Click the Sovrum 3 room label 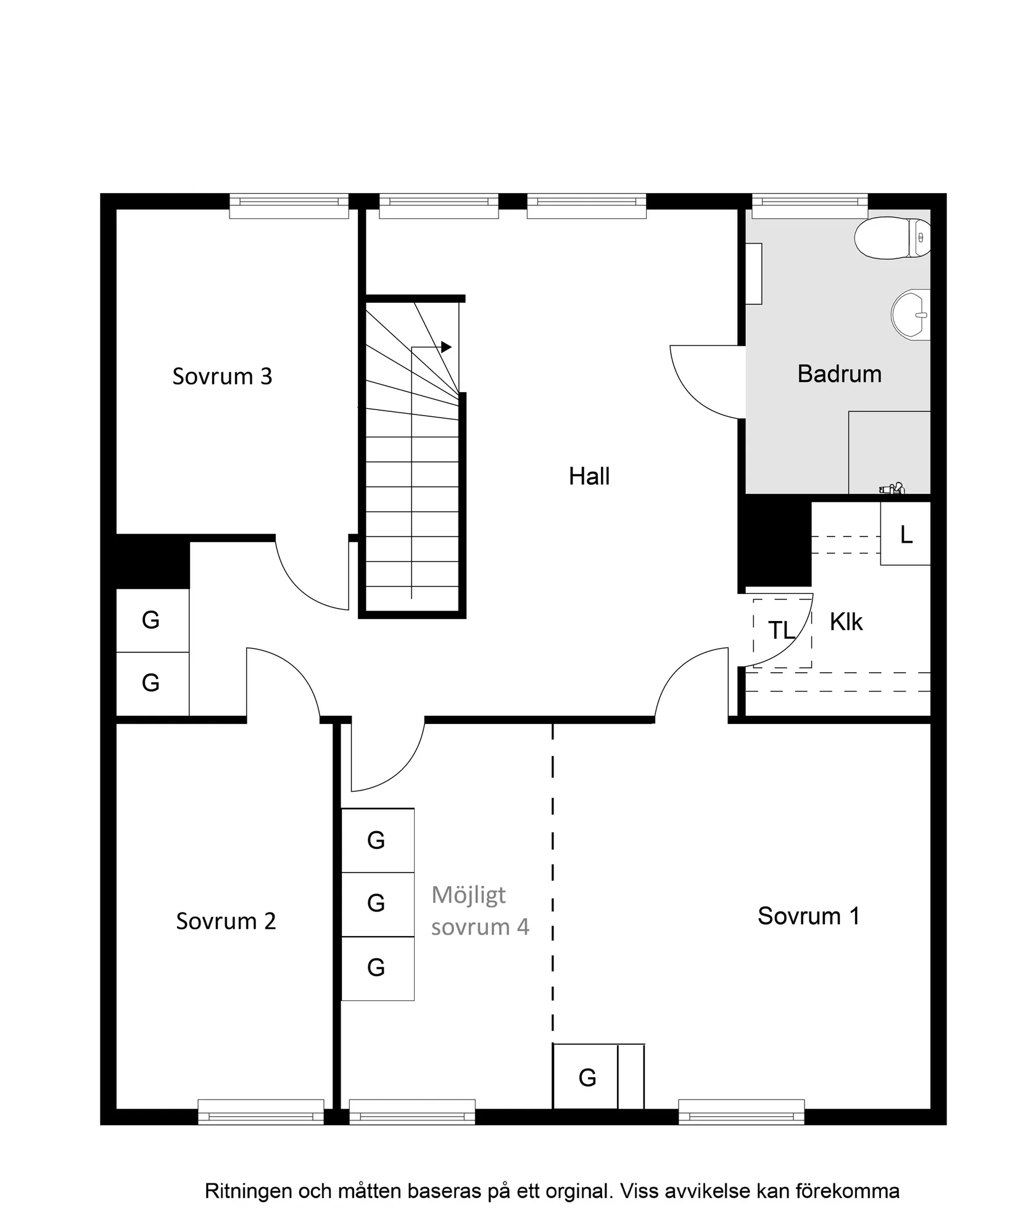click(222, 376)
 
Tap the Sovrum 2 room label click(226, 921)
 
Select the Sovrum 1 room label click(808, 916)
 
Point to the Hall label click(589, 477)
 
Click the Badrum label click(839, 374)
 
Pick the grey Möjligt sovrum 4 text click(480, 911)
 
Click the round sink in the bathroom click(911, 314)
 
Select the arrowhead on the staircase click(446, 347)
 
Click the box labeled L click(905, 534)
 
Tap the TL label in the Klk click(780, 631)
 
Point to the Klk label click(846, 622)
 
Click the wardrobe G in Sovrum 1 click(587, 1078)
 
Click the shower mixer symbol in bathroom click(892, 489)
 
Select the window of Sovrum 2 click(260, 1116)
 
